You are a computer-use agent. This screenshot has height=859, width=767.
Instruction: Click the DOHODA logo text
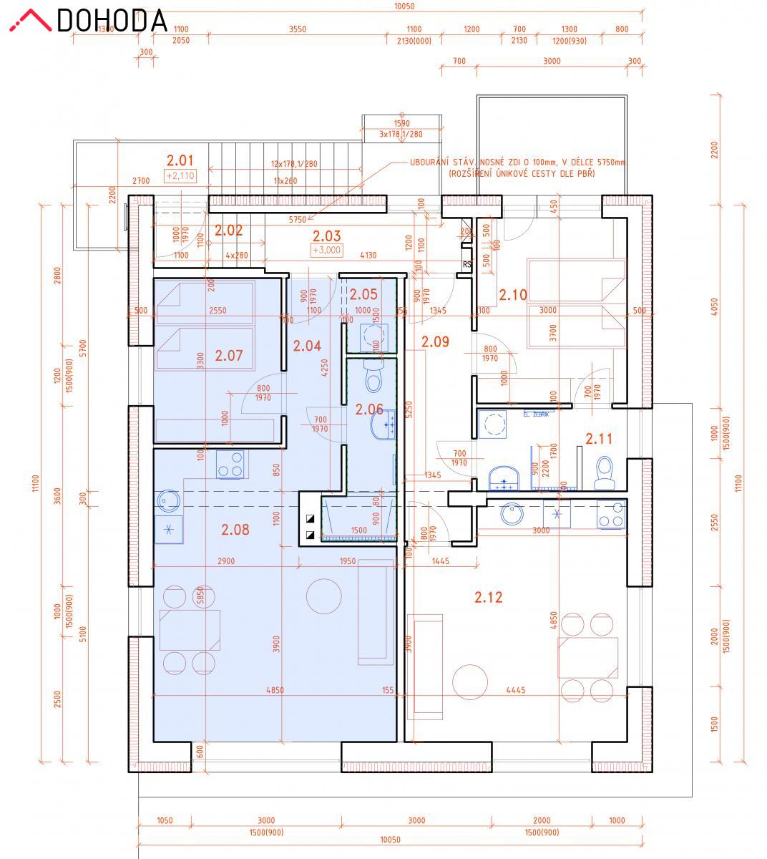[112, 20]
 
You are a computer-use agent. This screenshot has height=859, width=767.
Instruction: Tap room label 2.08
[235, 530]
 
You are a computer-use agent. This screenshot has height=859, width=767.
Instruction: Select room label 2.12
[488, 597]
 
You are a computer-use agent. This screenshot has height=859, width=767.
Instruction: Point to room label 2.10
[512, 294]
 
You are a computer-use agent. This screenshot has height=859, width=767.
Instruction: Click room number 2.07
[229, 354]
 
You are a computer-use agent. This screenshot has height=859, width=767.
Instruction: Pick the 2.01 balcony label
[180, 160]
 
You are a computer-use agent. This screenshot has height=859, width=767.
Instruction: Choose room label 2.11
[599, 439]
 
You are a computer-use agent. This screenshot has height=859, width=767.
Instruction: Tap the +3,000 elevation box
[326, 250]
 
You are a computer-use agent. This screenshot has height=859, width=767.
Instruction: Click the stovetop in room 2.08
[230, 464]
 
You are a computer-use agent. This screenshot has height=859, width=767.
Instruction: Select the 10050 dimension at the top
[404, 6]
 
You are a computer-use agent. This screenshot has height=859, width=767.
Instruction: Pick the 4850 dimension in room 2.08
[275, 691]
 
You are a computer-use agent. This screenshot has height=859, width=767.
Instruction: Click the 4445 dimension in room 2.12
[515, 691]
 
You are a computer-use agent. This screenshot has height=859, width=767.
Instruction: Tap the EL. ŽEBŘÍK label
[536, 414]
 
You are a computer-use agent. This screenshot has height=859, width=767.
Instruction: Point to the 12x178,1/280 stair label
[293, 164]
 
